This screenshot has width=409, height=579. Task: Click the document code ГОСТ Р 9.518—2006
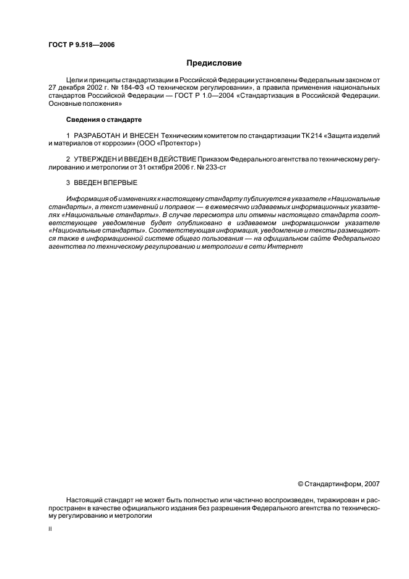81,45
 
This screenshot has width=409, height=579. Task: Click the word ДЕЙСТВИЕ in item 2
176,159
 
